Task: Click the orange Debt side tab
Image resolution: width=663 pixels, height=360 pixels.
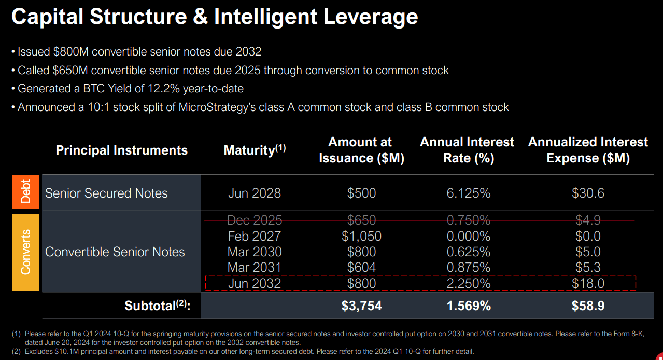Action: (x=25, y=192)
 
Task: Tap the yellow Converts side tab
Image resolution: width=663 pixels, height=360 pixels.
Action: (x=25, y=252)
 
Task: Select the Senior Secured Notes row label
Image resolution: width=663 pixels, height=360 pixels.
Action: (x=106, y=193)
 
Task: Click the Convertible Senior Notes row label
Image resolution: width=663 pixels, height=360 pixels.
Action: (x=115, y=252)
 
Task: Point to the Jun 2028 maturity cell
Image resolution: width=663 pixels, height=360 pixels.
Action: (x=254, y=193)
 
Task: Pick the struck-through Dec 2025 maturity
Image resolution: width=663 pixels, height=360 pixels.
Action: (x=254, y=220)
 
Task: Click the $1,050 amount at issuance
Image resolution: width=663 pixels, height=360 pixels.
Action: (x=361, y=237)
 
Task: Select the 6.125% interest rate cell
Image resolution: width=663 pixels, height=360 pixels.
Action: (x=468, y=193)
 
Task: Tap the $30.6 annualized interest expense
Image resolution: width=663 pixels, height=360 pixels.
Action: (x=588, y=193)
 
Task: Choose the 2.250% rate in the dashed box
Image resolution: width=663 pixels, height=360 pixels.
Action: (x=468, y=284)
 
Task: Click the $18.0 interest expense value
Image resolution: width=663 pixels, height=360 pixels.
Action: (x=588, y=284)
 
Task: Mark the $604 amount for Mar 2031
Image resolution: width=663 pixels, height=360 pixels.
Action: (x=361, y=268)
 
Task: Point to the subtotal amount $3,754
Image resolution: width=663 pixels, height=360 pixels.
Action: (x=361, y=306)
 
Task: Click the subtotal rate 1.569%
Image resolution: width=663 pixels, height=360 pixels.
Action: (x=468, y=306)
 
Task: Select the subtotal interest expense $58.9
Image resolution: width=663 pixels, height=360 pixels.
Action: (x=588, y=306)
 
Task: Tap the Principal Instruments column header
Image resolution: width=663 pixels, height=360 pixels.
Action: (x=121, y=150)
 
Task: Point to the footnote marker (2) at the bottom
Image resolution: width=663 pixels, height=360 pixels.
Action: (x=16, y=351)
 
